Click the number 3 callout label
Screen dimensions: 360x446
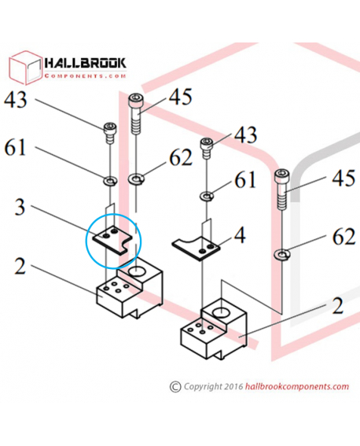click(20, 207)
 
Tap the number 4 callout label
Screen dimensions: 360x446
click(240, 235)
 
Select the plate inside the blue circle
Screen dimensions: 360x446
click(113, 239)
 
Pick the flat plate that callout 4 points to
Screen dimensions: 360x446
click(196, 248)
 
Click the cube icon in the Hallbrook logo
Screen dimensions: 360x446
click(25, 68)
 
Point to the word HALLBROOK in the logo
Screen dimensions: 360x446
click(85, 63)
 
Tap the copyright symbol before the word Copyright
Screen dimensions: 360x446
click(175, 387)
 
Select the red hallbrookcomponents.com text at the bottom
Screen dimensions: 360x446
click(297, 387)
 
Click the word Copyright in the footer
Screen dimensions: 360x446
click(203, 387)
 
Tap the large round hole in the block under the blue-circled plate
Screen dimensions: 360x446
click(137, 271)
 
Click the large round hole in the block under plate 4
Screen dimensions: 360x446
click(221, 313)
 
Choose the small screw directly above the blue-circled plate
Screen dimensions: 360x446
click(110, 133)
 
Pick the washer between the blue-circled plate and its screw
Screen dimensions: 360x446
click(110, 181)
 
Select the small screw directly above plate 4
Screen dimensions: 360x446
click(207, 148)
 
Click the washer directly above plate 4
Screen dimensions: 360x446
click(207, 197)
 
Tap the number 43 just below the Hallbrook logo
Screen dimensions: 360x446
click(16, 100)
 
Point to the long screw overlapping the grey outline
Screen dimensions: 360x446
click(282, 189)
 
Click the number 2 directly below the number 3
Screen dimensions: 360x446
click(20, 267)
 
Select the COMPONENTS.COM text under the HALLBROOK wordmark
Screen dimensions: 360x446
click(85, 76)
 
